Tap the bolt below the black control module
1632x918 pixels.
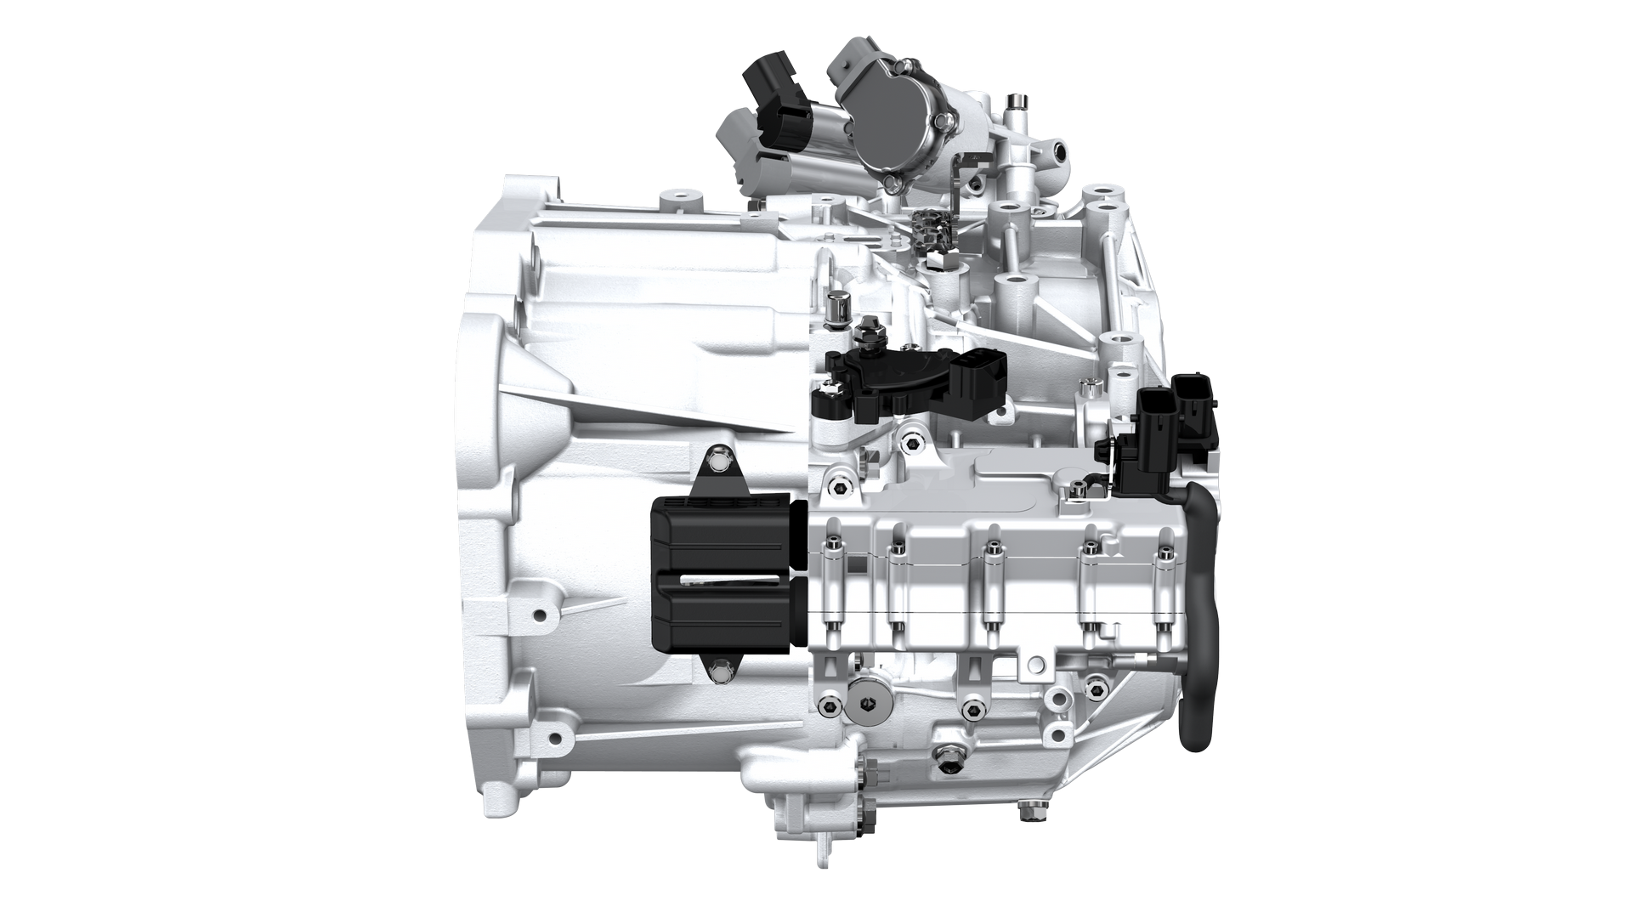(x=721, y=674)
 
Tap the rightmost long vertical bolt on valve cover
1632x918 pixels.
(x=1164, y=586)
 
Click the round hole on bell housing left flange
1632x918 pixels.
(x=537, y=613)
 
